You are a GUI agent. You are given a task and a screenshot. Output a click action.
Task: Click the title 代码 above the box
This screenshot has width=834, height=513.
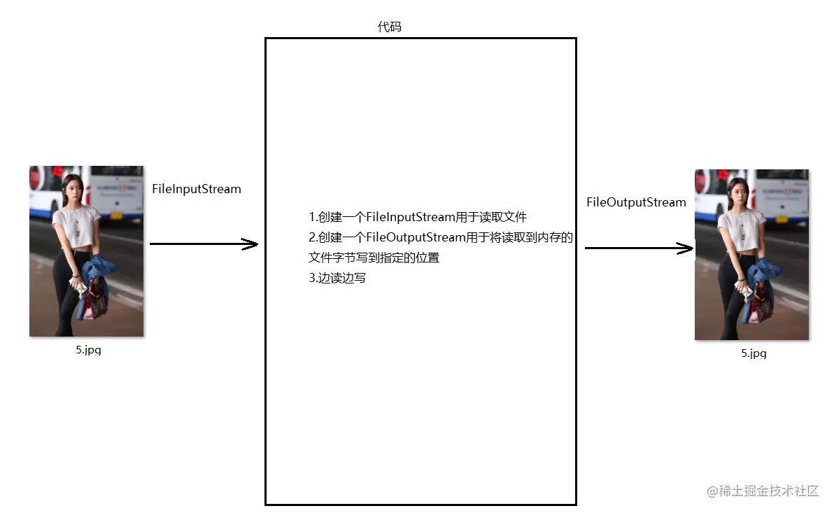[390, 27]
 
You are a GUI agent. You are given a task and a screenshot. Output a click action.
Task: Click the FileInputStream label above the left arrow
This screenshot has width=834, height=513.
[196, 189]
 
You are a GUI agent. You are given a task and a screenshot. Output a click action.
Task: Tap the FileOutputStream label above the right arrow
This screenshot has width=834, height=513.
[636, 202]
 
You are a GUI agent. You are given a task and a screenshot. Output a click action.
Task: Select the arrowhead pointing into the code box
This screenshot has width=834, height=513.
[250, 244]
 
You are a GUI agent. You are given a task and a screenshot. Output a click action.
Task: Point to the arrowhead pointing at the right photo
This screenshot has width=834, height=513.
[685, 248]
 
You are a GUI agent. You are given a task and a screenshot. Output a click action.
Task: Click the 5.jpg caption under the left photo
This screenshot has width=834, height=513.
[89, 350]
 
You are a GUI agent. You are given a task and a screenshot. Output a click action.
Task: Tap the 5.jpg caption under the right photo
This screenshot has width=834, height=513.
[754, 353]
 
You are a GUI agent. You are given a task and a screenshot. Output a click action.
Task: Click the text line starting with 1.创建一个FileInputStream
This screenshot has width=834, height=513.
[418, 217]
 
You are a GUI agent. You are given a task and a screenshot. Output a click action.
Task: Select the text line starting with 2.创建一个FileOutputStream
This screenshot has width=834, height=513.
[441, 237]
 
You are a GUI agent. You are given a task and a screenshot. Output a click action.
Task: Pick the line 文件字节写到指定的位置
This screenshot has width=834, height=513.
[374, 258]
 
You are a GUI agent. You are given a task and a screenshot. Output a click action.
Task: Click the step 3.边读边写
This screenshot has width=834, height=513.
[337, 278]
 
